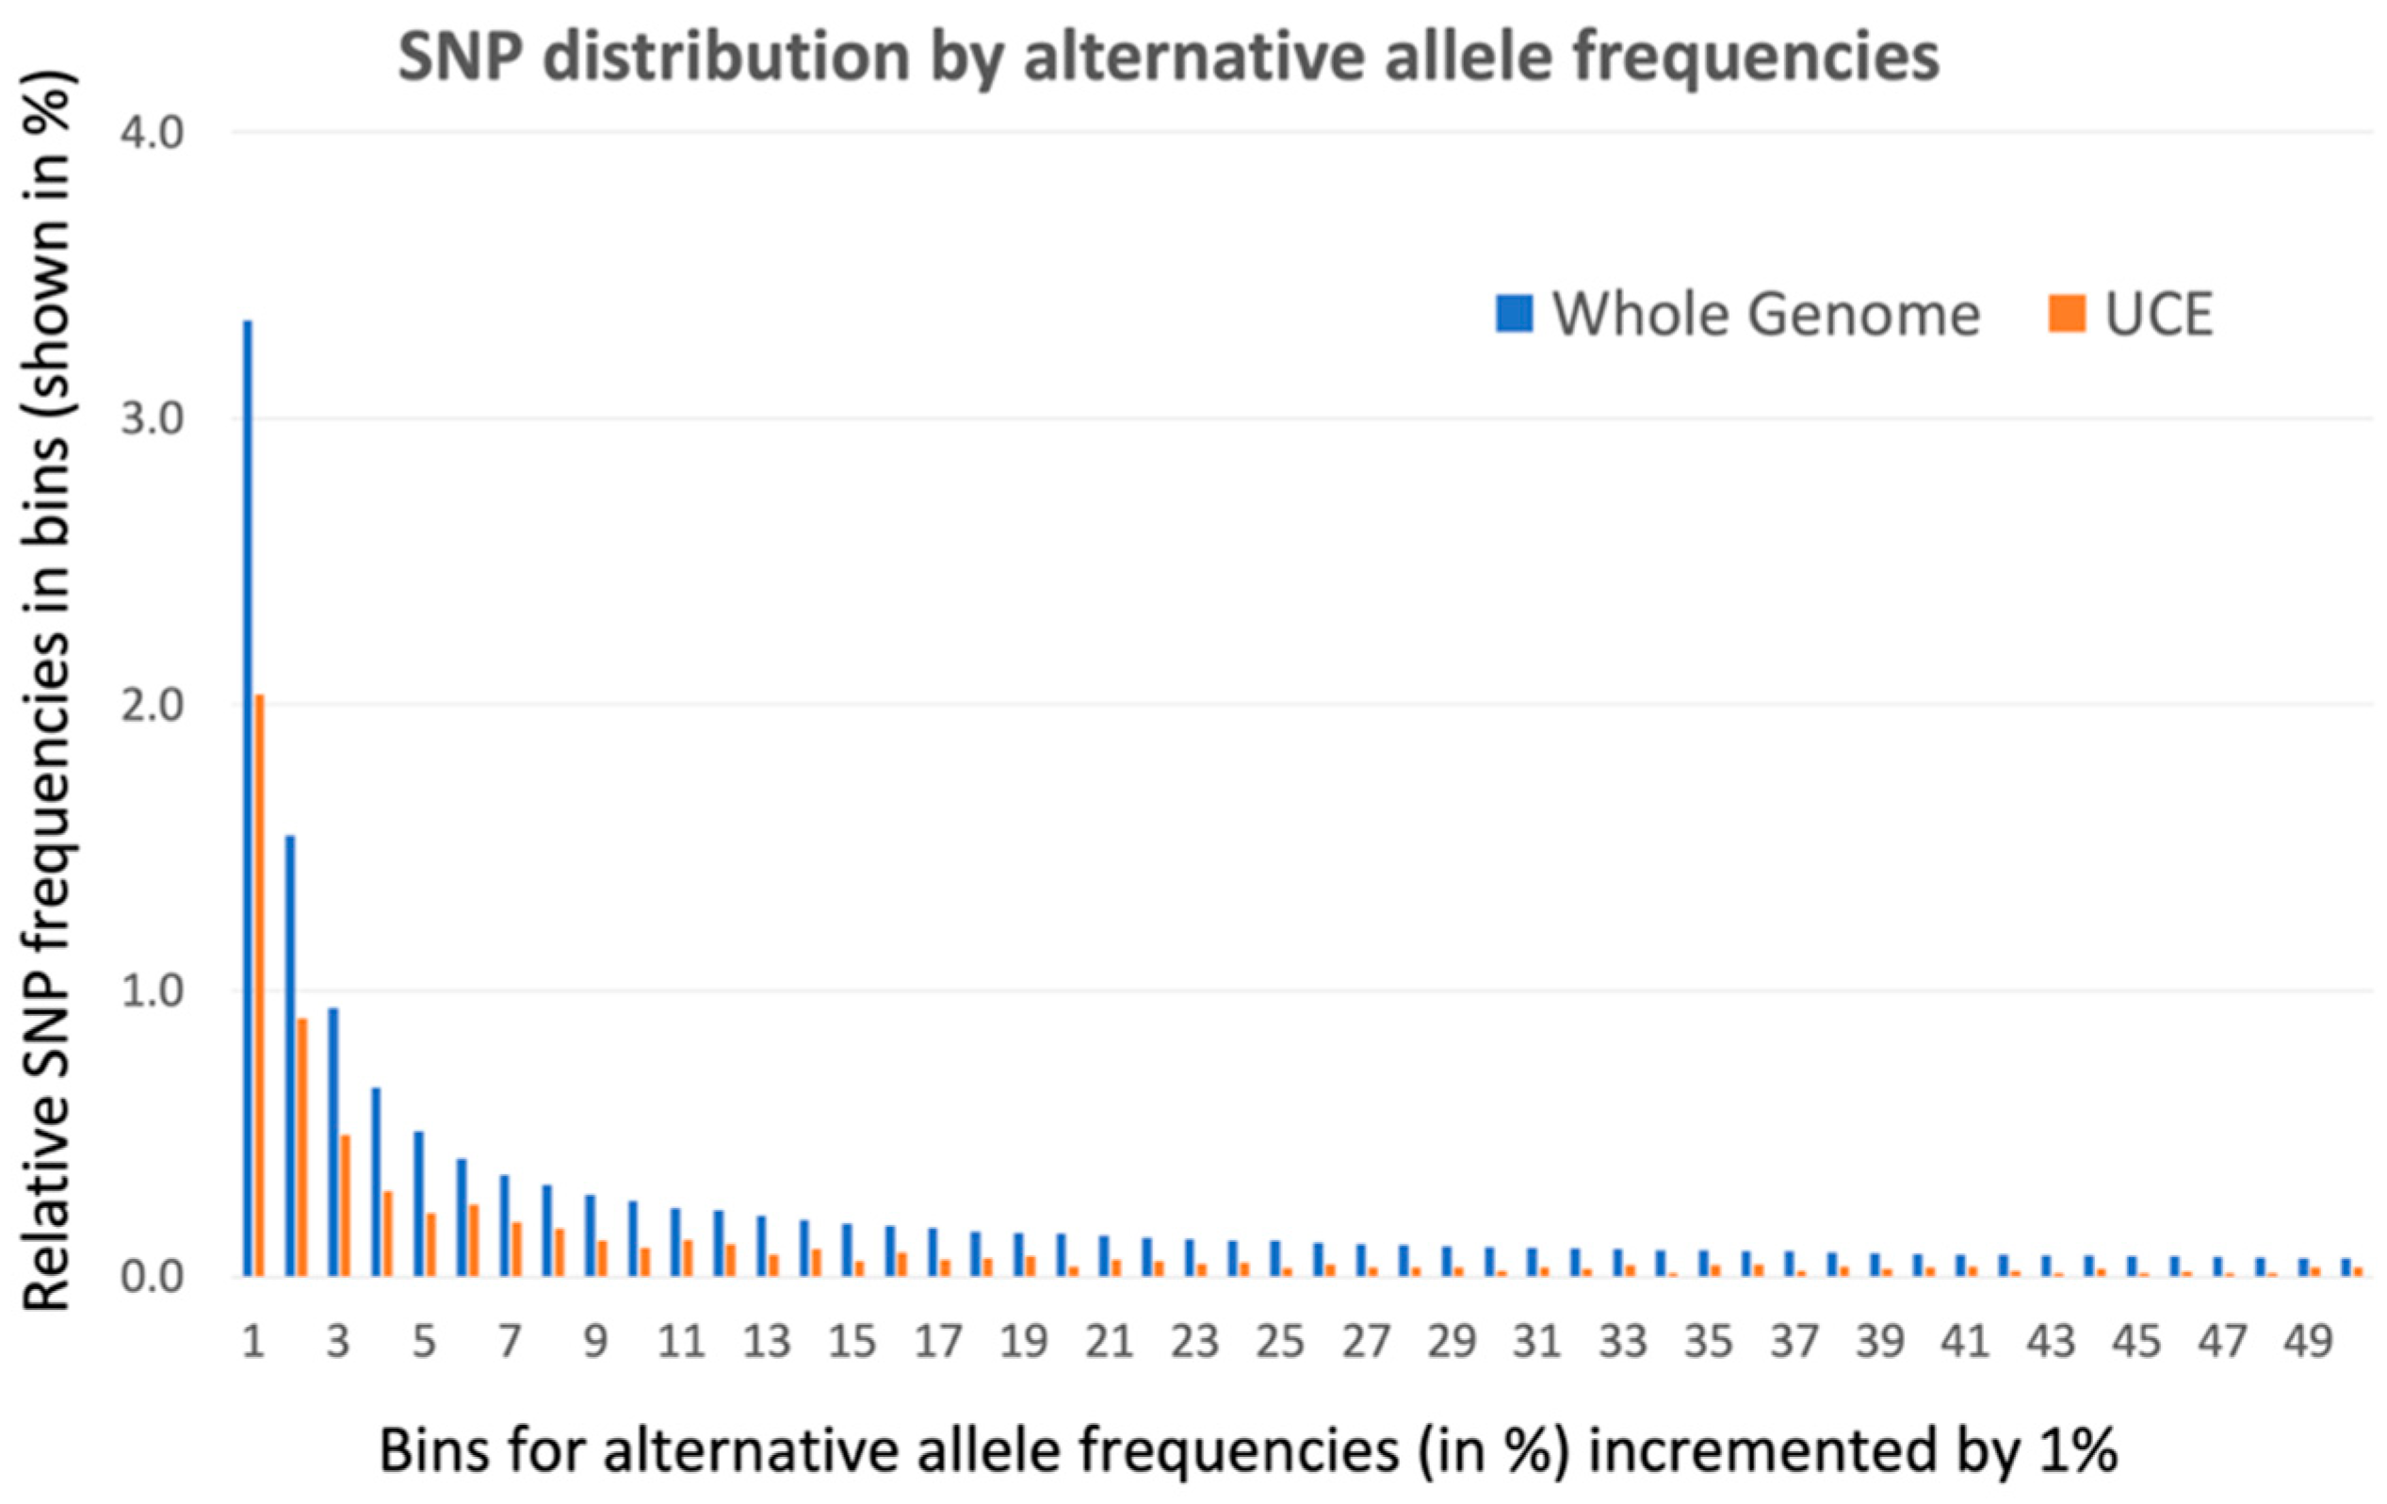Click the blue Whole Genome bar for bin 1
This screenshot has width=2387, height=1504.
point(247,798)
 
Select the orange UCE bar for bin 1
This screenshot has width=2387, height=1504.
point(259,986)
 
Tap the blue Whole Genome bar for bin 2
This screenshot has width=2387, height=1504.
point(289,1055)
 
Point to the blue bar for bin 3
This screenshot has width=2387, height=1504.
point(333,1142)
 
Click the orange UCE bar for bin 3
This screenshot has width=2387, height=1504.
point(345,1205)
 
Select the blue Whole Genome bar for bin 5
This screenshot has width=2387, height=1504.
point(418,1203)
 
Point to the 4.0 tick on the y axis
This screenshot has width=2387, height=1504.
point(153,133)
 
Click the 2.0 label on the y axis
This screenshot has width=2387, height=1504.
point(153,705)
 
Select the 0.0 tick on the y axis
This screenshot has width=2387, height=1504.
point(153,1277)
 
